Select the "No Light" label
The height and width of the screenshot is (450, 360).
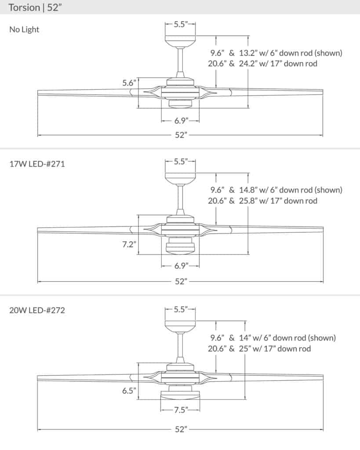[x=24, y=30]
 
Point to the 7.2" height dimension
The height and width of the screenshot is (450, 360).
[x=129, y=245]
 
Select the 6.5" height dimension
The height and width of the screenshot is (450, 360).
[x=129, y=390]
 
